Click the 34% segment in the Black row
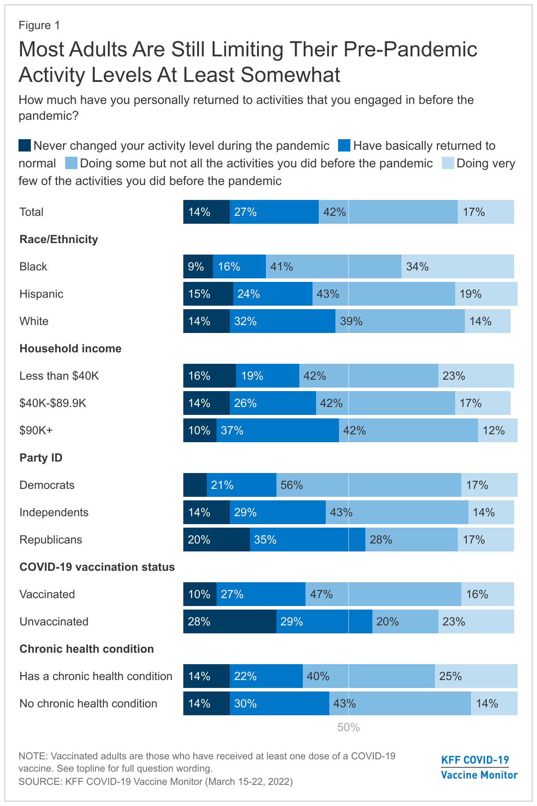click(x=457, y=266)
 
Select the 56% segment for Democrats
click(x=368, y=485)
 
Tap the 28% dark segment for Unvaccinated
click(x=230, y=621)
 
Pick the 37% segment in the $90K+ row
click(x=277, y=430)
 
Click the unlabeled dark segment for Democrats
click(x=195, y=485)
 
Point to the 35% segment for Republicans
click(x=307, y=540)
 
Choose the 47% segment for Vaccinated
click(x=383, y=594)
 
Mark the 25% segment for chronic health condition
click(x=476, y=676)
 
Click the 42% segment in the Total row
click(x=388, y=212)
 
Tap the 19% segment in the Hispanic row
click(x=486, y=294)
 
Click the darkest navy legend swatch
click(x=25, y=146)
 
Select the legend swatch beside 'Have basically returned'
click(x=344, y=146)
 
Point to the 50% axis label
click(x=349, y=728)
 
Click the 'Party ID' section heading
click(x=41, y=458)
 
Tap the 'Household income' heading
click(x=70, y=348)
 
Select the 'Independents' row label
click(x=54, y=512)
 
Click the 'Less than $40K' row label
click(x=59, y=376)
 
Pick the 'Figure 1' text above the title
click(x=39, y=25)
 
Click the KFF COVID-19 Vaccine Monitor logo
click(x=479, y=767)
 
